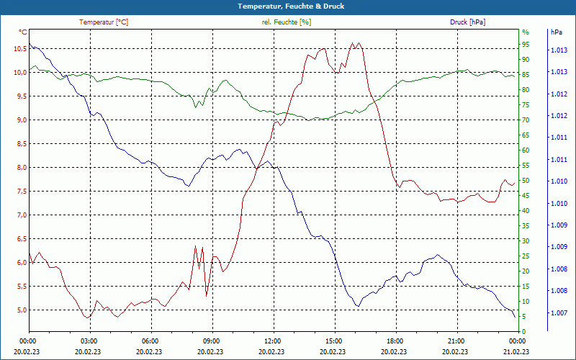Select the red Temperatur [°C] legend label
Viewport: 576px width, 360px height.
(x=104, y=22)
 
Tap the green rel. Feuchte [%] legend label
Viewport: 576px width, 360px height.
(x=287, y=22)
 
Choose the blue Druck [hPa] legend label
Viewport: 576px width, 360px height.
(x=467, y=22)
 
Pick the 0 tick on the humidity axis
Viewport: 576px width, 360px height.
(x=523, y=332)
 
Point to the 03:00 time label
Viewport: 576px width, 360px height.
(x=89, y=341)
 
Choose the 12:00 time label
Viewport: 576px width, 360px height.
(x=273, y=341)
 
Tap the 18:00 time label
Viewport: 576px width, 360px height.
(x=395, y=341)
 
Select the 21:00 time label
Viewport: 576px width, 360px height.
(x=456, y=341)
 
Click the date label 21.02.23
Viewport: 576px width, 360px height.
(x=517, y=351)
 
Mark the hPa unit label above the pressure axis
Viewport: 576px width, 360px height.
(x=556, y=32)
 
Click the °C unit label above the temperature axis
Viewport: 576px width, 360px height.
(x=22, y=32)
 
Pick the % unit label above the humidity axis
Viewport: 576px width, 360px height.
(x=525, y=32)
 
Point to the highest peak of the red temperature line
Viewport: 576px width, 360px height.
(x=353, y=42)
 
